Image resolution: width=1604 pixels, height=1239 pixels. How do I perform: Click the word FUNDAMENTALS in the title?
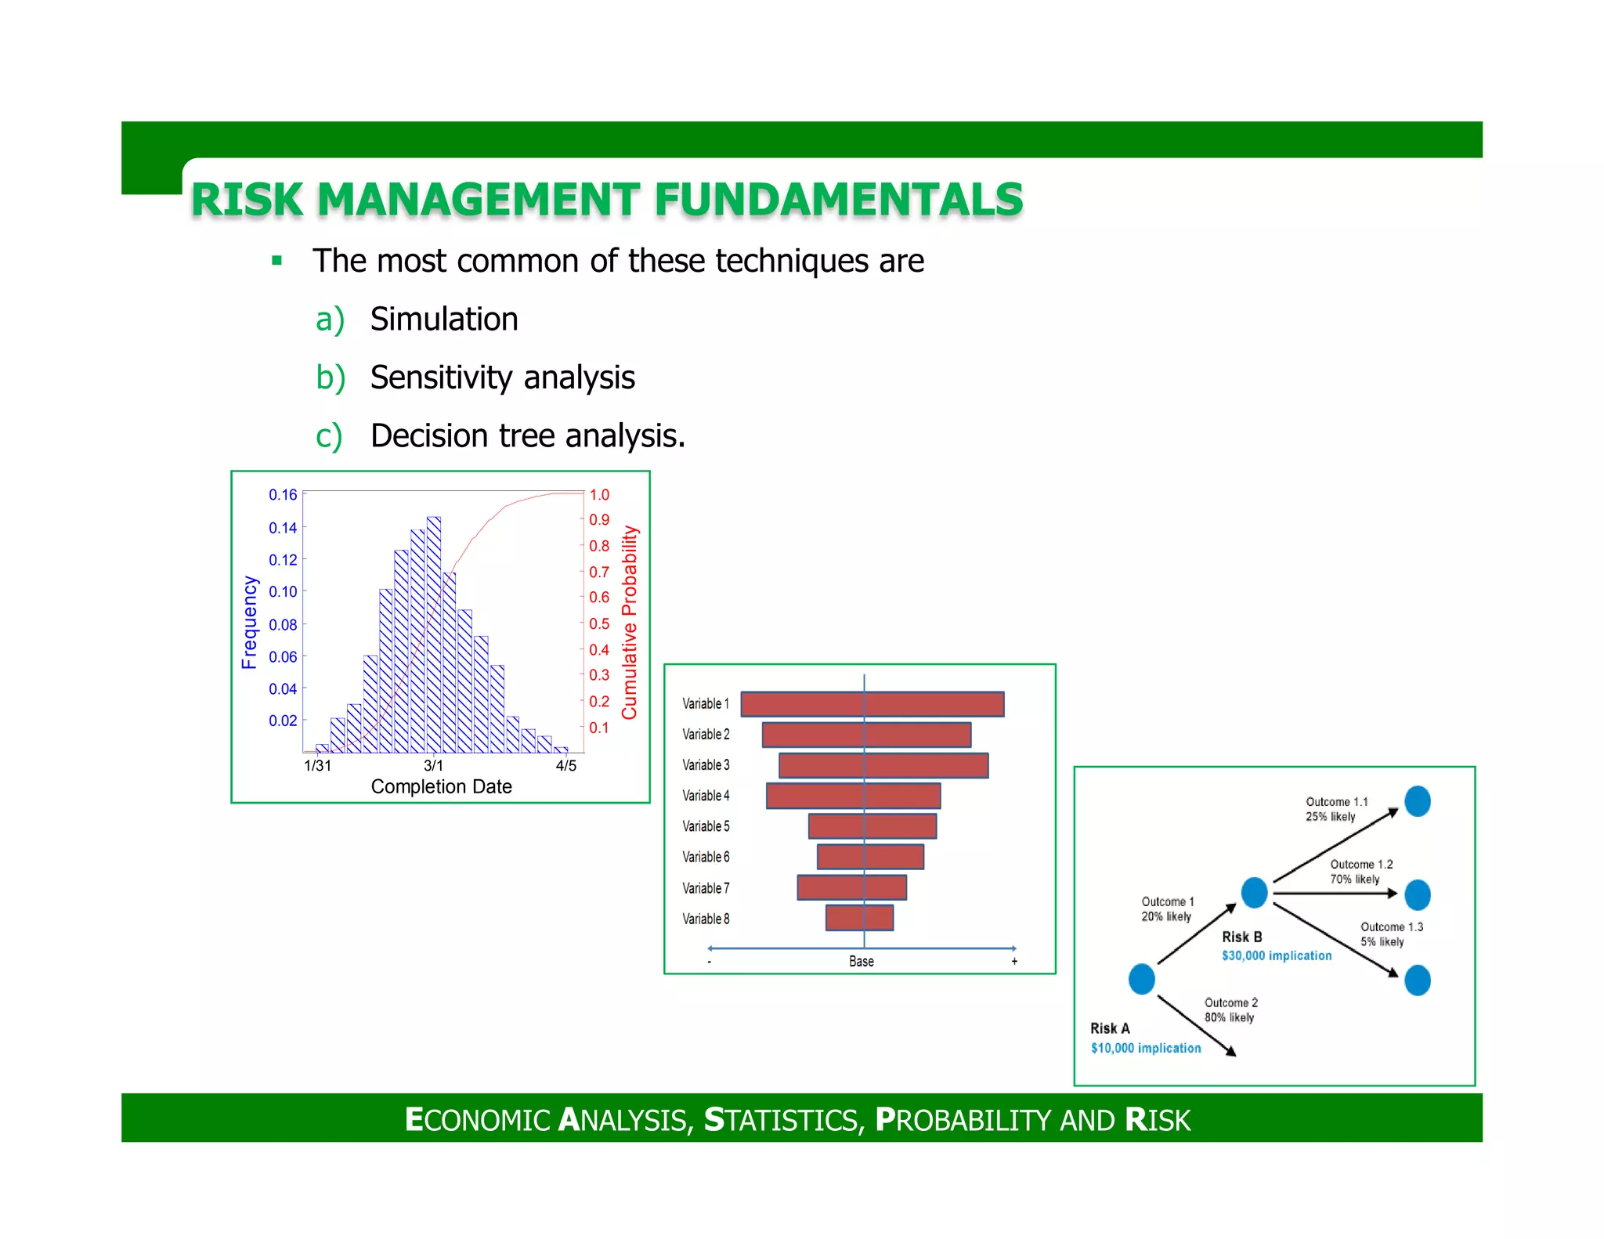point(838,200)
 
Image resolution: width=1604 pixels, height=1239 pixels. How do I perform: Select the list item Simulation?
point(443,320)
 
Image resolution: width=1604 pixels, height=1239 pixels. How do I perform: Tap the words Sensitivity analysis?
point(502,377)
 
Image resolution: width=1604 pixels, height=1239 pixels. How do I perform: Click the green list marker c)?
point(329,436)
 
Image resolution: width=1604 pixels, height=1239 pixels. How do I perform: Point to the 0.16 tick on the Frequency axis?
point(283,495)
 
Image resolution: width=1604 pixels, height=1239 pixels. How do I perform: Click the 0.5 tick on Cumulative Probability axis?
point(599,623)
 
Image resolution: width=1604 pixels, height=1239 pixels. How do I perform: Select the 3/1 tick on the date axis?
point(433,765)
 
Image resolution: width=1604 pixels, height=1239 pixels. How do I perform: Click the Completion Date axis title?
point(441,786)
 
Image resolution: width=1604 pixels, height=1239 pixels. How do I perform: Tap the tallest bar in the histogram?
point(433,634)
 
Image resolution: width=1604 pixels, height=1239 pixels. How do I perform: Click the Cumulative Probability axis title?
point(630,623)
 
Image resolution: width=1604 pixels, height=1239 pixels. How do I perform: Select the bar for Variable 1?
point(872,703)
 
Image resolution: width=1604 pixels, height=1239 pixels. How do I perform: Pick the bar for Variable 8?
point(859,918)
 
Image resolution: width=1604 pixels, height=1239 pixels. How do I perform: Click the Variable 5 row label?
point(706,826)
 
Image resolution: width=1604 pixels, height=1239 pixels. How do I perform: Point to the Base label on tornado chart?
point(861,961)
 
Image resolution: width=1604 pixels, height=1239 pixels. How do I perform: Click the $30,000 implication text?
point(1276,955)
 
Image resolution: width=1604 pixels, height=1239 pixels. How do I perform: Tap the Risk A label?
point(1110,1028)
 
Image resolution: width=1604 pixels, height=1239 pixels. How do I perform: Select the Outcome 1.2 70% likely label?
point(1360,872)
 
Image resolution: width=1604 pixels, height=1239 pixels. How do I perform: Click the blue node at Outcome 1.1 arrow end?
point(1417,801)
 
